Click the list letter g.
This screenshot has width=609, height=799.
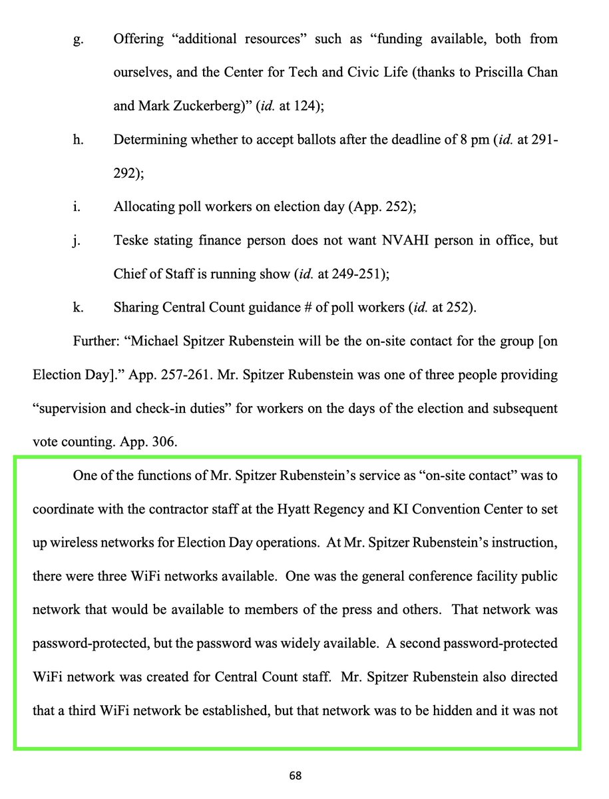coord(77,39)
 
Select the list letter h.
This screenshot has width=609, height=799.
coord(77,140)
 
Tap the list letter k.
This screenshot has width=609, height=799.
coord(77,308)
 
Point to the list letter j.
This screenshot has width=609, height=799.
coord(77,240)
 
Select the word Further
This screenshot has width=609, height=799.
coord(97,342)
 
